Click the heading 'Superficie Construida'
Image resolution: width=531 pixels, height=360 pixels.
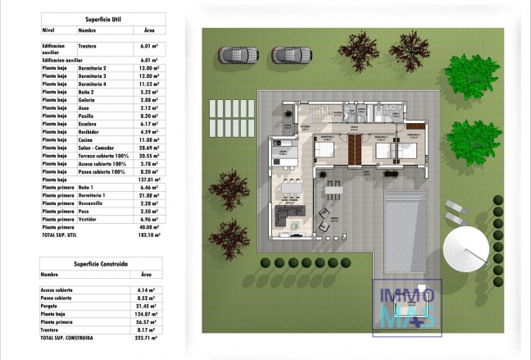(99, 264)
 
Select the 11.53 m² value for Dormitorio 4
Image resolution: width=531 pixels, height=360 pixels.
(148, 84)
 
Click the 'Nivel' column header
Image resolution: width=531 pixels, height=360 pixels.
(49, 30)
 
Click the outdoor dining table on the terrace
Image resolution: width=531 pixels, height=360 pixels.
(332, 193)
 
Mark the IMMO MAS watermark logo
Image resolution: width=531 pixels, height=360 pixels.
(407, 308)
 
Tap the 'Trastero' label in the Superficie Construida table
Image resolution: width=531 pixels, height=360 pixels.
(52, 329)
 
